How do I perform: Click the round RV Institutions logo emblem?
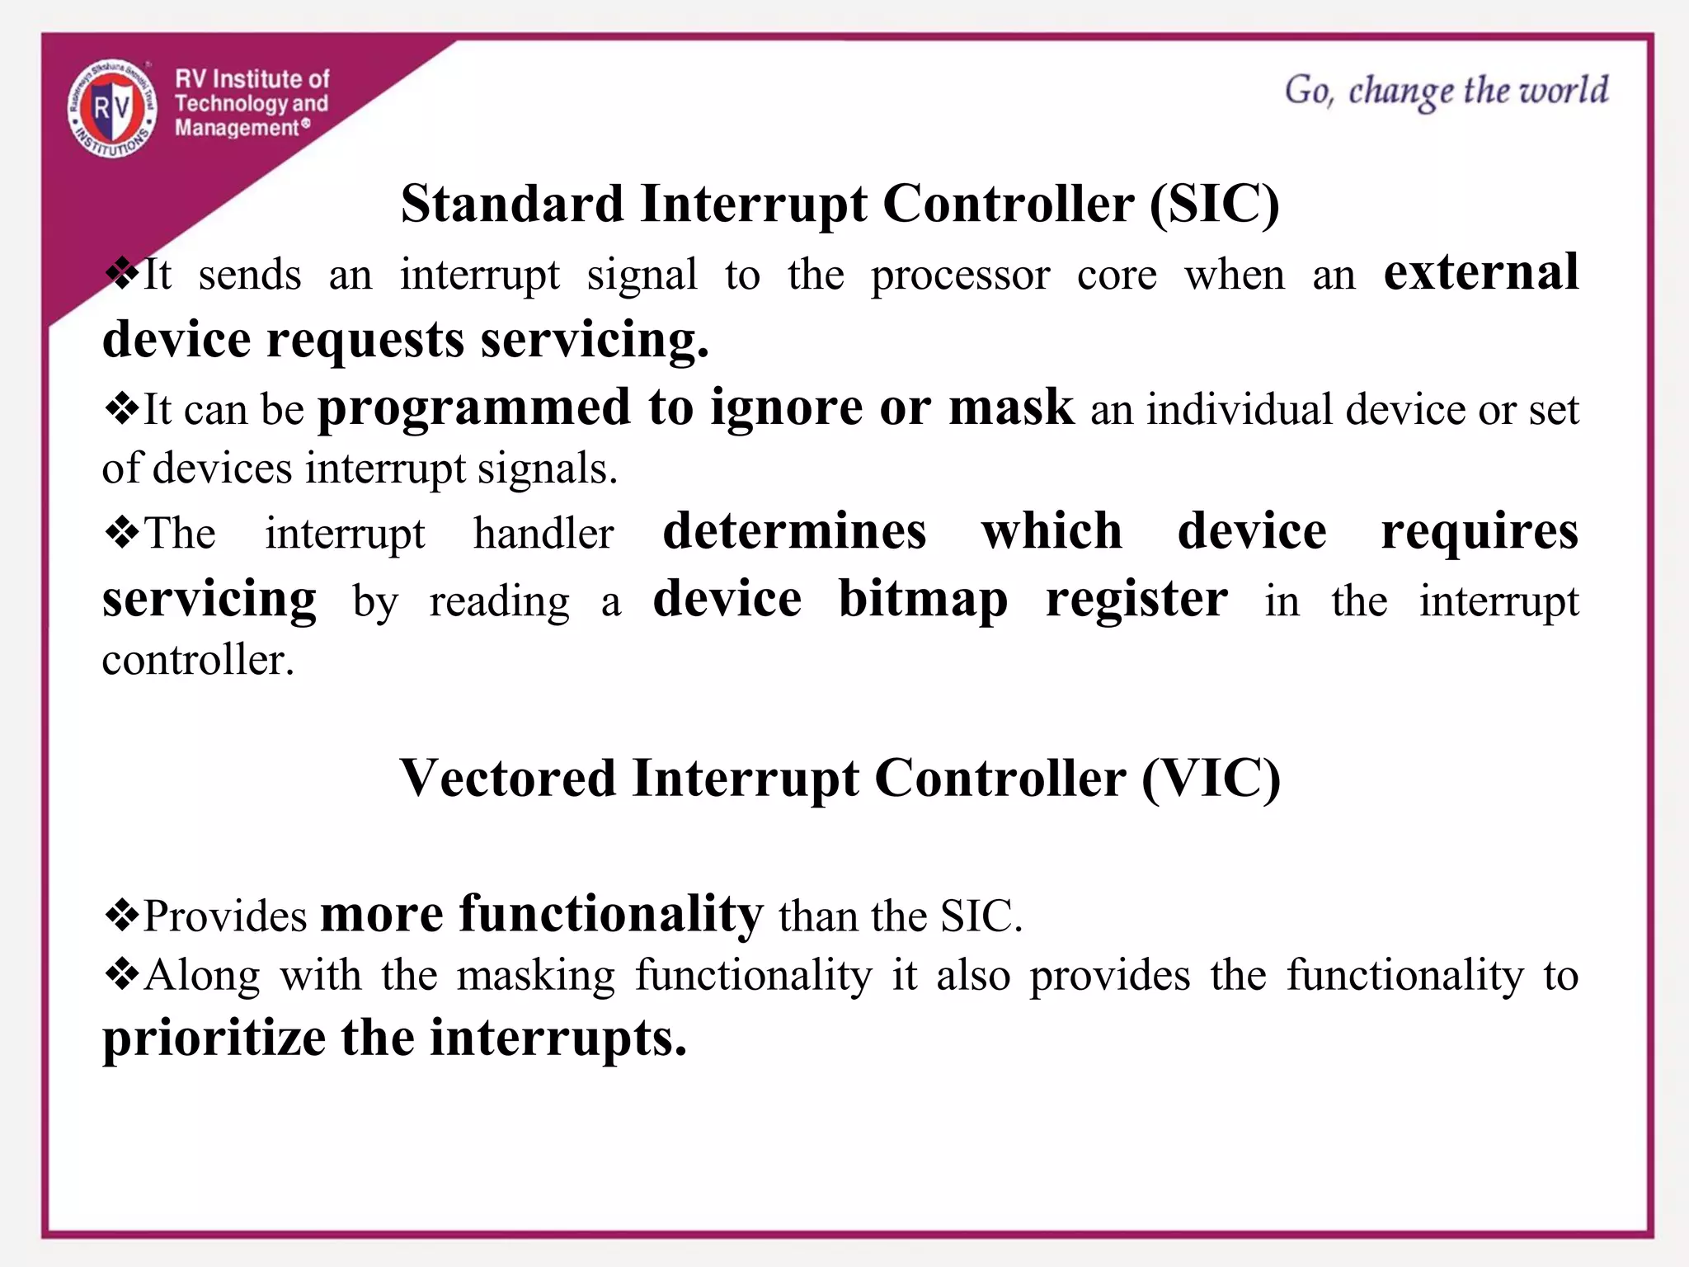(112, 108)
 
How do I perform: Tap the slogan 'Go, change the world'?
(1446, 91)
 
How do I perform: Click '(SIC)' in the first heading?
(1214, 204)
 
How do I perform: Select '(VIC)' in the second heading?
(1211, 778)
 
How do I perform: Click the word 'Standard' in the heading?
(512, 204)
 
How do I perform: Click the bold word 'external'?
(1480, 273)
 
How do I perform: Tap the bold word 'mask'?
(1011, 407)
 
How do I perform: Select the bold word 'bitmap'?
(923, 600)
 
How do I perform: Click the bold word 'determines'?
(794, 531)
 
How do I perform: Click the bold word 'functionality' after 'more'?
(611, 915)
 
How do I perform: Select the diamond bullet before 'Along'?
(122, 975)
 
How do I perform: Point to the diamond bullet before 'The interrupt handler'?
(122, 533)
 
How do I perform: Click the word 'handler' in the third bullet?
(543, 533)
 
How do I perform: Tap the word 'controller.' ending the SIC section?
(198, 660)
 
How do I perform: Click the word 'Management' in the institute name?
(237, 128)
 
